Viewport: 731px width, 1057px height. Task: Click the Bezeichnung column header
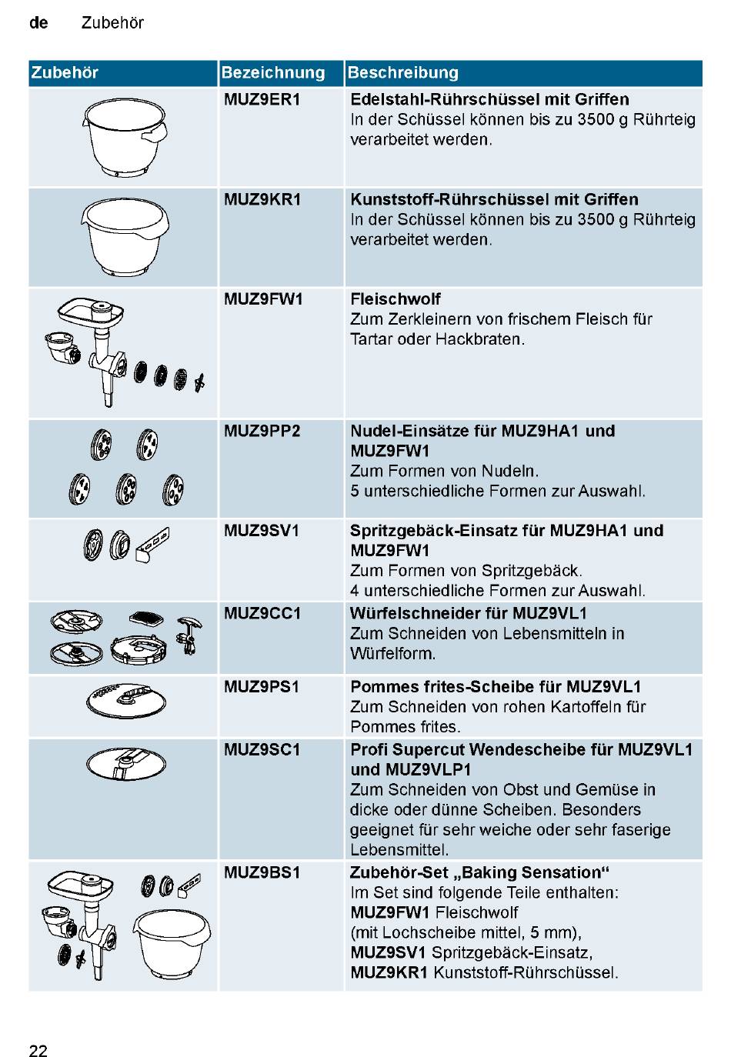click(272, 72)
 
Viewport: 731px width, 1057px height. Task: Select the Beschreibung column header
click(402, 72)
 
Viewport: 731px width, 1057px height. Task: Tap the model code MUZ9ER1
click(262, 99)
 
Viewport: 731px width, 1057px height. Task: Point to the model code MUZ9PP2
click(262, 431)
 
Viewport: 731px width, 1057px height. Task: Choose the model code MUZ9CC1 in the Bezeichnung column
click(262, 613)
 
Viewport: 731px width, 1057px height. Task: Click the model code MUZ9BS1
click(262, 872)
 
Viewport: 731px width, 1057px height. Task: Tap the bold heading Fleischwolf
click(395, 298)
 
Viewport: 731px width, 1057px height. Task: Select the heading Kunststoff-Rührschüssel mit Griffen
click(494, 199)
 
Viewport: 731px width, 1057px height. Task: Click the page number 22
click(38, 1050)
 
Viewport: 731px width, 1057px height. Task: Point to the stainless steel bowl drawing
click(125, 137)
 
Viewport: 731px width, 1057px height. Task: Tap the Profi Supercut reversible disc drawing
click(126, 763)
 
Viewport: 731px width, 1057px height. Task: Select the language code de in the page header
click(38, 22)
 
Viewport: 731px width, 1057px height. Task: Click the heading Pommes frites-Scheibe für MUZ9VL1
click(496, 686)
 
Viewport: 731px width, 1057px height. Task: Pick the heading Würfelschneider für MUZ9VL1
click(468, 613)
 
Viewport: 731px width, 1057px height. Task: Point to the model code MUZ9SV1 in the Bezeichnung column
click(262, 530)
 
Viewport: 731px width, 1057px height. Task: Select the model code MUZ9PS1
click(262, 686)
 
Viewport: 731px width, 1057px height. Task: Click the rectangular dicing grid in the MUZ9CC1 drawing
click(146, 618)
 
